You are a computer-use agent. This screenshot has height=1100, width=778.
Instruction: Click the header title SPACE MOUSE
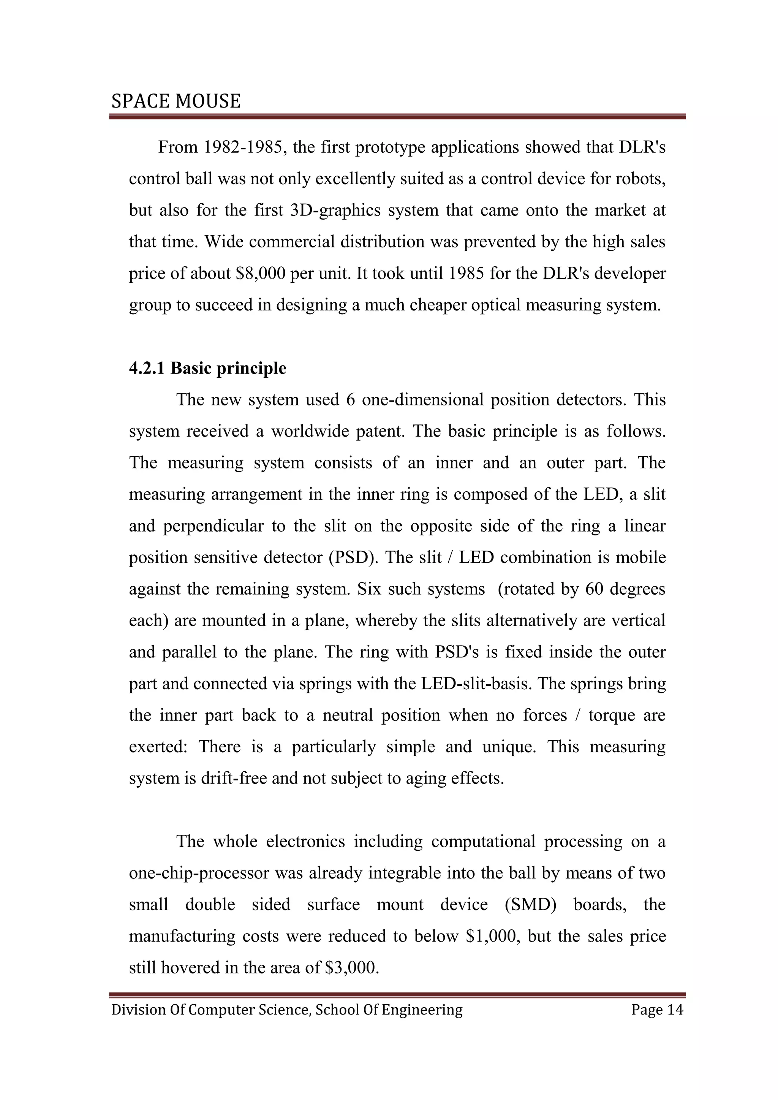176,101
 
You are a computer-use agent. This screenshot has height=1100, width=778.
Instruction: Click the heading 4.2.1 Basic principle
207,368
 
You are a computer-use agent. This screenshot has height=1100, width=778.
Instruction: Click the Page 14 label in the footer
657,1010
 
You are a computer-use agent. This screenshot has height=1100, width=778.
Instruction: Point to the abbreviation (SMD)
531,905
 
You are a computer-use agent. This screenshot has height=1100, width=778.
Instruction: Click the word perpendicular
213,526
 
